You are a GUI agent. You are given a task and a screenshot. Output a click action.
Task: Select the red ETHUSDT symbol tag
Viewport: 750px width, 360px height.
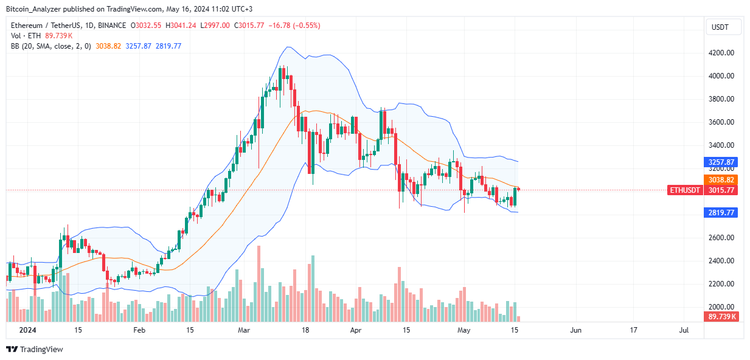pyautogui.click(x=685, y=190)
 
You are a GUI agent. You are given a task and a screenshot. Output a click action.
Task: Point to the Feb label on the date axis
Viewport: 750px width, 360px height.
pyautogui.click(x=139, y=330)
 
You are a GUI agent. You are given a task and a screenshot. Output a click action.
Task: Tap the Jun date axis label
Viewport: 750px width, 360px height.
pyautogui.click(x=575, y=330)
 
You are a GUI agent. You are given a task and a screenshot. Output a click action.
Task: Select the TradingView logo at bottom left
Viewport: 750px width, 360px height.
pyautogui.click(x=35, y=350)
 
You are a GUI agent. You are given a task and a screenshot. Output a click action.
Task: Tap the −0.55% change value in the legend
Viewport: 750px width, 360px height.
pyautogui.click(x=308, y=26)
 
